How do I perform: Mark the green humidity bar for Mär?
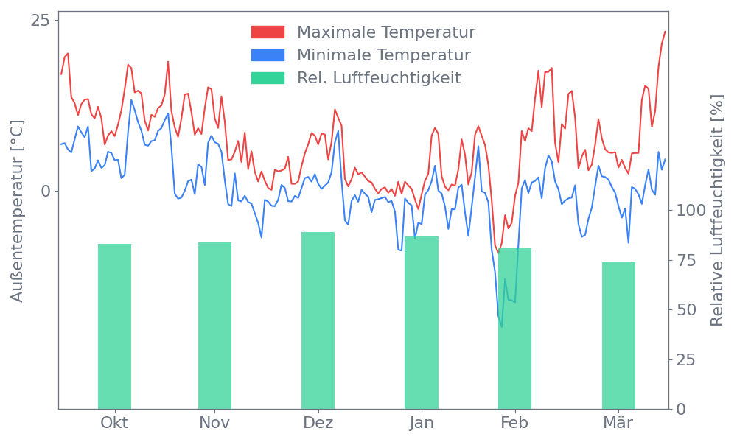(618, 335)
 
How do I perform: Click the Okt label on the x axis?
(114, 423)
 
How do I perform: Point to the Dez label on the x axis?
(318, 423)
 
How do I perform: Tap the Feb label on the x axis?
(514, 423)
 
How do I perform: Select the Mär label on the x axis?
(618, 423)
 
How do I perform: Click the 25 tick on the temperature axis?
(40, 20)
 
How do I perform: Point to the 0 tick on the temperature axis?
(46, 191)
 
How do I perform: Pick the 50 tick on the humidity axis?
(687, 309)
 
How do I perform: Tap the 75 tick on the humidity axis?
(687, 260)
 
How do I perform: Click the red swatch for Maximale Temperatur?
(268, 32)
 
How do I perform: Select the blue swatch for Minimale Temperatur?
(268, 55)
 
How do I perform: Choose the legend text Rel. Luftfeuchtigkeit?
(379, 78)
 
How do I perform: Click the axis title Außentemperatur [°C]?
(18, 211)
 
